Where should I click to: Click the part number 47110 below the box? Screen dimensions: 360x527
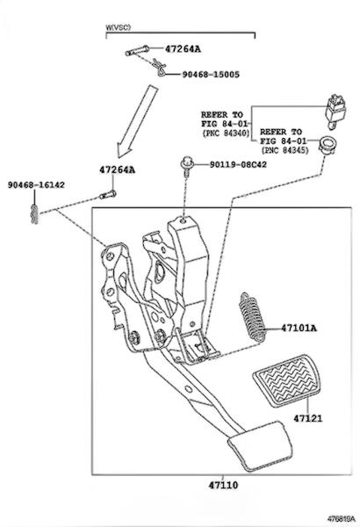223,485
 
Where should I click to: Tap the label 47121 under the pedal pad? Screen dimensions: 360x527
307,418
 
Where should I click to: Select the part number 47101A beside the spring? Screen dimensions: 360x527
299,328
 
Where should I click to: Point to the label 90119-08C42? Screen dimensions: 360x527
238,165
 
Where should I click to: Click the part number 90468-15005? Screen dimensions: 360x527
211,75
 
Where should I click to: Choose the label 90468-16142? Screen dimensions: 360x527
36,184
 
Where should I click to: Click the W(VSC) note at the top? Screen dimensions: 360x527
118,27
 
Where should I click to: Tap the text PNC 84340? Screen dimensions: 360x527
226,134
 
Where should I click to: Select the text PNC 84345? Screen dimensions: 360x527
284,150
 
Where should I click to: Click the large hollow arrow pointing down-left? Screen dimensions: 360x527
137,122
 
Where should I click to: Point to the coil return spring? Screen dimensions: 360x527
252,317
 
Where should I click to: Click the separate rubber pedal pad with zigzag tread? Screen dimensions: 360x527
286,380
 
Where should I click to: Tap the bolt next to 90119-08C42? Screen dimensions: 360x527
186,166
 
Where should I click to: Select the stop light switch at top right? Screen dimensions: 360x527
335,112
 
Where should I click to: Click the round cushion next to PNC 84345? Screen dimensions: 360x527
328,145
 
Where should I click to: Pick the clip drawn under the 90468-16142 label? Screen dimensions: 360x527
34,213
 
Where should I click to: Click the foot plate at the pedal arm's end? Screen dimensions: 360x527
260,445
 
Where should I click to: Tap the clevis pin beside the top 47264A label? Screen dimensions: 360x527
137,51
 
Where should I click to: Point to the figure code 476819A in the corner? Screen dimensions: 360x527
342,517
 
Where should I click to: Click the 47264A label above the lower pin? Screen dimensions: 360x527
117,170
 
